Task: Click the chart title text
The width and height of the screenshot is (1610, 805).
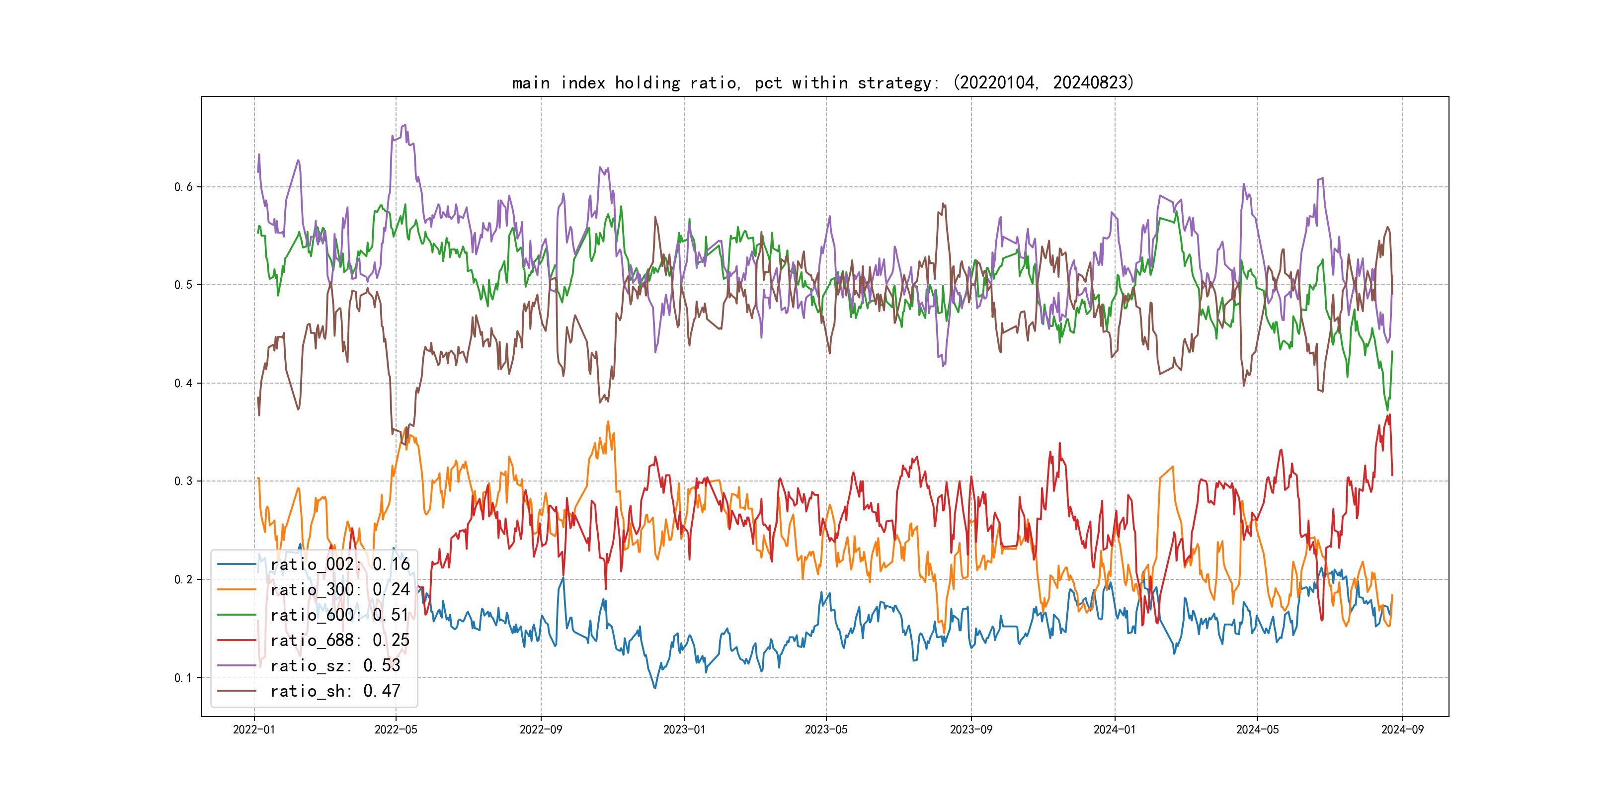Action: click(822, 82)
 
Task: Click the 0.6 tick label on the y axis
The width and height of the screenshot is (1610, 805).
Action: click(183, 187)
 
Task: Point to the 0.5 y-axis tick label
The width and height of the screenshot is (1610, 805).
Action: click(183, 285)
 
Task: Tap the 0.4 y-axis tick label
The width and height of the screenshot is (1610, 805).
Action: click(183, 383)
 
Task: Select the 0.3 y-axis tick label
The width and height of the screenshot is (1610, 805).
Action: click(183, 481)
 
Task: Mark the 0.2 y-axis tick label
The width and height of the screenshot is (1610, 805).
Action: click(183, 579)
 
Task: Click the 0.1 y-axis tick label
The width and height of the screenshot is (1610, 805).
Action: click(183, 677)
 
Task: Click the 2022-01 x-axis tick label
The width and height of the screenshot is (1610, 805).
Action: click(254, 729)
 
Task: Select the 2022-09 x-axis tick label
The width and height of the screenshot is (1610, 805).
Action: click(541, 729)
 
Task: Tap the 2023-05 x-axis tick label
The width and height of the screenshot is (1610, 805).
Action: click(826, 729)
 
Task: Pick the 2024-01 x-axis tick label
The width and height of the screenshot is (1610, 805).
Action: click(1115, 729)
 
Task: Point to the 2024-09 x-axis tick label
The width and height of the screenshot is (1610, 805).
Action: click(1402, 729)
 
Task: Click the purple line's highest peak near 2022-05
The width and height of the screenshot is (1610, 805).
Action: click(404, 125)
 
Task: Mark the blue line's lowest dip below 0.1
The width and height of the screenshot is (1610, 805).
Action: click(655, 688)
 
